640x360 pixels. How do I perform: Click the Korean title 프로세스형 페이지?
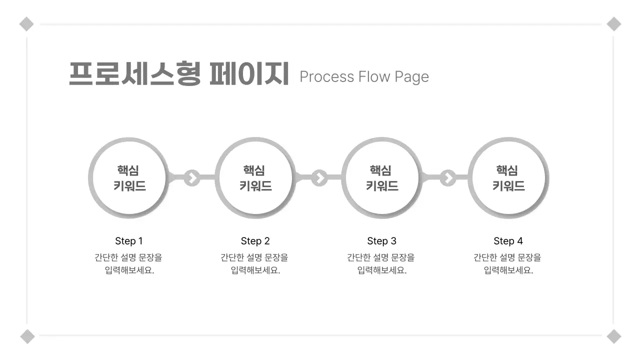pos(178,74)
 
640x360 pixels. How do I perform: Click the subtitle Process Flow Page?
pos(364,76)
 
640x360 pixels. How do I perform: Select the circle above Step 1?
pos(129,178)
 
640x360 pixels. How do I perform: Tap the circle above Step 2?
pos(255,178)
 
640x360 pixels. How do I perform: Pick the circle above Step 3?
pos(381,178)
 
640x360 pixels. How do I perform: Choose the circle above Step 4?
pos(508,178)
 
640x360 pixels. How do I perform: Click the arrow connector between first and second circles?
pos(192,177)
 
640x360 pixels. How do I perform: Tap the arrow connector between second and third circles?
pos(319,177)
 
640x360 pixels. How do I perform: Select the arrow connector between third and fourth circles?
pos(448,177)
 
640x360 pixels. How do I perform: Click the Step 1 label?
pos(129,241)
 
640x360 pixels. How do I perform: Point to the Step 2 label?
pos(255,241)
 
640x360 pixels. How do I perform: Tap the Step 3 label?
pos(381,241)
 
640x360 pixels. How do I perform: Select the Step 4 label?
pos(508,241)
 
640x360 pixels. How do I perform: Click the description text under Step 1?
pos(129,264)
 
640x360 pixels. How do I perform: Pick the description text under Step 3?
pos(381,264)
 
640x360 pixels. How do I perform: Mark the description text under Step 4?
pos(508,264)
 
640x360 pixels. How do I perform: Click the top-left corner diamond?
pos(26,24)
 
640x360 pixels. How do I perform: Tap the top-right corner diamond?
pos(614,24)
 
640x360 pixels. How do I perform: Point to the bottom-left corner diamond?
pos(27,336)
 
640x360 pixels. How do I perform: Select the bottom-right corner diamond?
pos(614,336)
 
